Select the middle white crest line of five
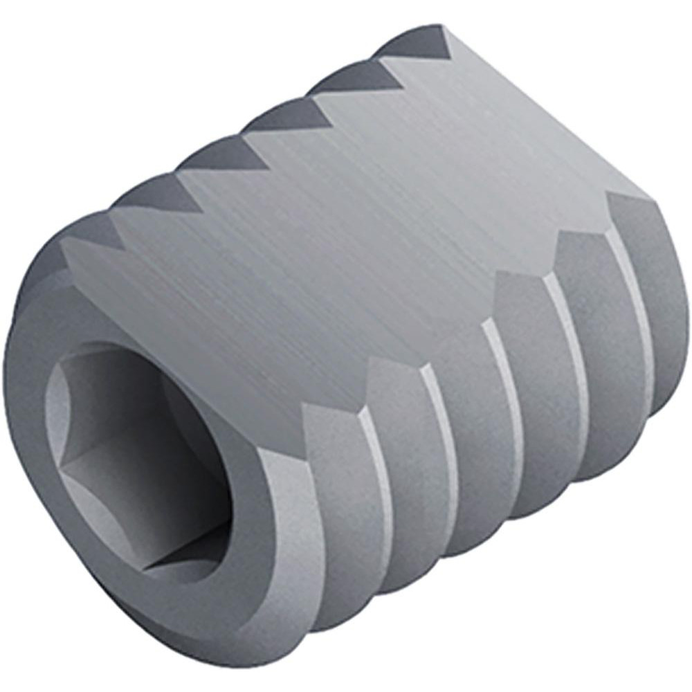coord(505,388)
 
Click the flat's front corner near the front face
coord(66,246)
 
